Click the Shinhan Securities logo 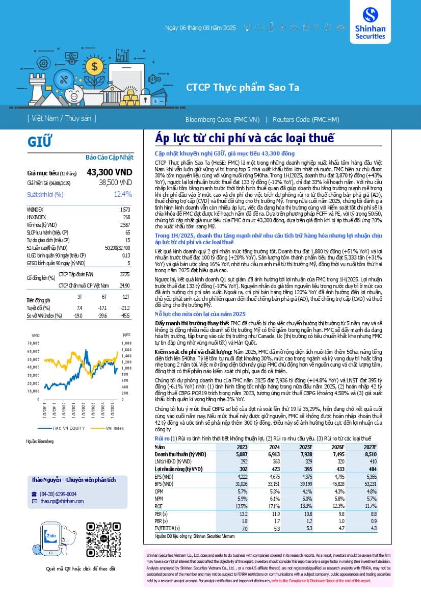click(374, 24)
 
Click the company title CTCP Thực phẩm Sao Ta click(242, 87)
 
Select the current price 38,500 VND click(116, 182)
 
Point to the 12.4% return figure click(123, 194)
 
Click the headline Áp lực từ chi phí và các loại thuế click(244, 138)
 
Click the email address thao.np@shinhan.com click(62, 501)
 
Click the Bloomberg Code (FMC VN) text click(222, 120)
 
